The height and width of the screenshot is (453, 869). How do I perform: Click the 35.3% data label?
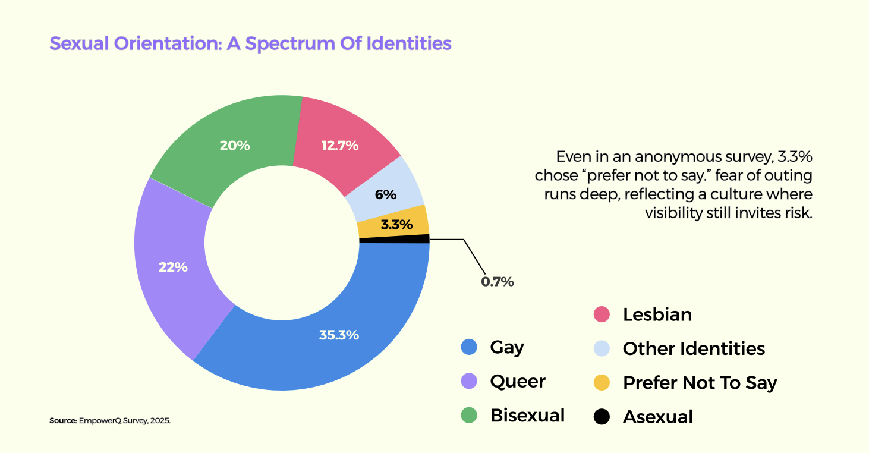[339, 335]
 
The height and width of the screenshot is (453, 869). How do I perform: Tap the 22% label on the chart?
[173, 268]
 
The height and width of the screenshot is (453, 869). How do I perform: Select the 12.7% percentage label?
[340, 145]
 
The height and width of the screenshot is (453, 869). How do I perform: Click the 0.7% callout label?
[497, 282]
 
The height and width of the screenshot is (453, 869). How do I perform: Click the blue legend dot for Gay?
[469, 347]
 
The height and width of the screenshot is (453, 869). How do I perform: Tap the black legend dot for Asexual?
[602, 417]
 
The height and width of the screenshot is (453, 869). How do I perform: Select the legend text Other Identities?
[694, 348]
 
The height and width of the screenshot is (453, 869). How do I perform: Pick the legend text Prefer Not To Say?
[700, 383]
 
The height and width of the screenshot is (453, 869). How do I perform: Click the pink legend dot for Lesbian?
[602, 314]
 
